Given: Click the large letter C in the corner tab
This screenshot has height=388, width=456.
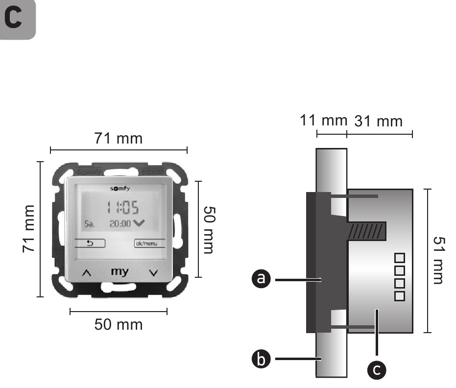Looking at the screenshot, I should pyautogui.click(x=14, y=18).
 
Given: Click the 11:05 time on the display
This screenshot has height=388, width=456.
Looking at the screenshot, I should pyautogui.click(x=122, y=208).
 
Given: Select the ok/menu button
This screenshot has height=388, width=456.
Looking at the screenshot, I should pyautogui.click(x=149, y=243).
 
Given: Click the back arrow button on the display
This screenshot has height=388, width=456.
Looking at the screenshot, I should pyautogui.click(x=90, y=243).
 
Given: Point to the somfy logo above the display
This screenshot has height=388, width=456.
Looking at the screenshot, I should pyautogui.click(x=120, y=189).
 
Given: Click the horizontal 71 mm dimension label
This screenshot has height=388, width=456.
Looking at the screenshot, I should pyautogui.click(x=119, y=139).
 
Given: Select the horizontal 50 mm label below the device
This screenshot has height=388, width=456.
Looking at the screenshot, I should pyautogui.click(x=119, y=324).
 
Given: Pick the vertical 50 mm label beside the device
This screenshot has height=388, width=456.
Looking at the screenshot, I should pyautogui.click(x=209, y=229).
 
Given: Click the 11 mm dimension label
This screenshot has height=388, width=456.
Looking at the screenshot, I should pyautogui.click(x=323, y=120).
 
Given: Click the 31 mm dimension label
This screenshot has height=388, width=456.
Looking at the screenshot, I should pyautogui.click(x=379, y=121).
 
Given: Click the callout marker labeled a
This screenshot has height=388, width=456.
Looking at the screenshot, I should pyautogui.click(x=261, y=279).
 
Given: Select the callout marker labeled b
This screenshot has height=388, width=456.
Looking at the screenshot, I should pyautogui.click(x=261, y=360).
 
